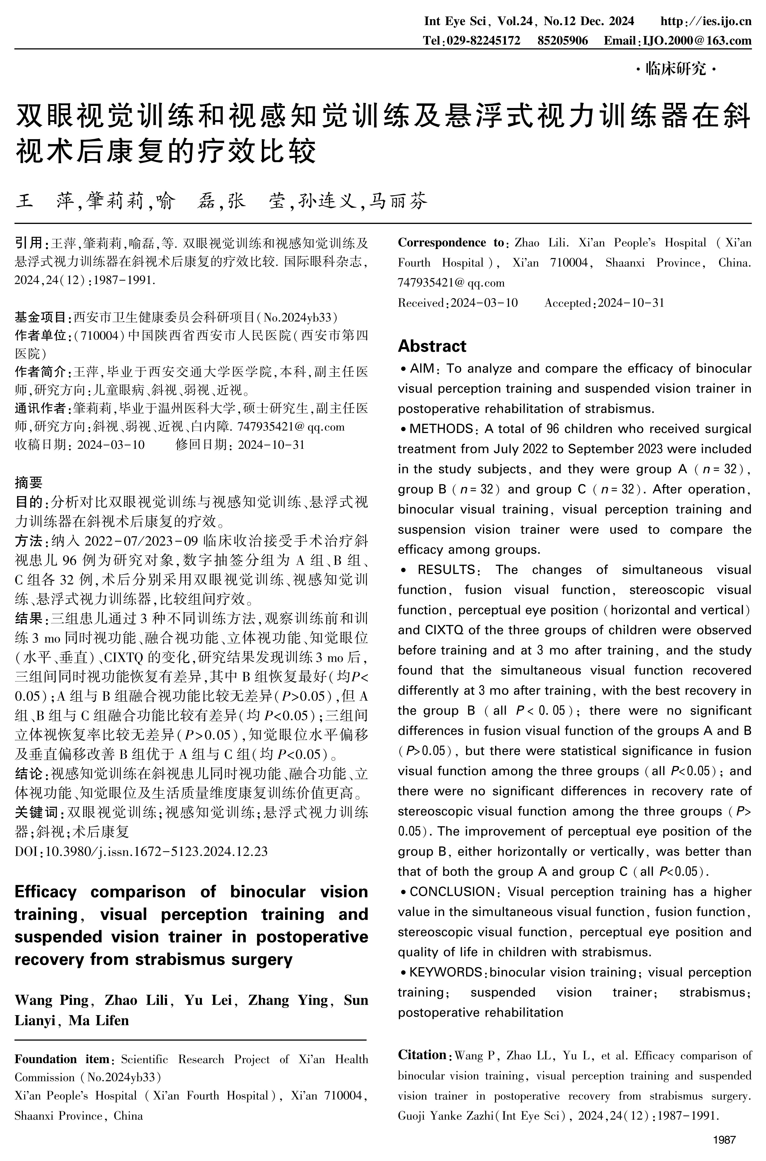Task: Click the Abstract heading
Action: click(432, 346)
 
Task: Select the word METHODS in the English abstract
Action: click(441, 429)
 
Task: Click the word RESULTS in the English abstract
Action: click(446, 570)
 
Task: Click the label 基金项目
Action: click(40, 318)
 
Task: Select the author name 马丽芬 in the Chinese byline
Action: click(398, 201)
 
